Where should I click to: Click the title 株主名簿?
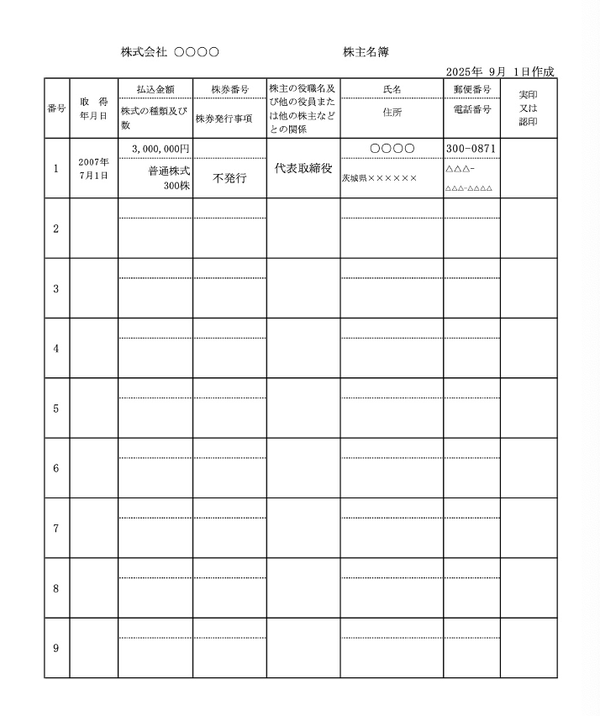click(366, 52)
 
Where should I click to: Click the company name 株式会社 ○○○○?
click(170, 52)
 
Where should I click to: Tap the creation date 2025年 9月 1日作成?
click(500, 72)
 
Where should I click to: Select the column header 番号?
click(56, 108)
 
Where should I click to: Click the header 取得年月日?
click(93, 108)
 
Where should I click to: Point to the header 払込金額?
click(155, 89)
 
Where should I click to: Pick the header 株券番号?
click(229, 89)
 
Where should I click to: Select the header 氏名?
click(392, 89)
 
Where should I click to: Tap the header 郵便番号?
click(471, 89)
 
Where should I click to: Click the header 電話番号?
click(471, 109)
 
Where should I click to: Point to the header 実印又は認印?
click(528, 108)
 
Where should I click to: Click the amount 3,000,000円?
click(161, 149)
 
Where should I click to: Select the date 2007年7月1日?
click(93, 168)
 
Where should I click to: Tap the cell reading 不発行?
click(229, 178)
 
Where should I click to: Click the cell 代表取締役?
click(303, 168)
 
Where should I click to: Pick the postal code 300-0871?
click(471, 149)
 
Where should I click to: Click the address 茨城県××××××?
click(379, 178)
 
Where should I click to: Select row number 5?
click(56, 408)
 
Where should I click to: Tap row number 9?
click(56, 648)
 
